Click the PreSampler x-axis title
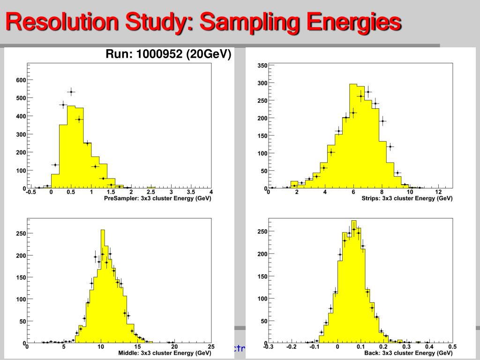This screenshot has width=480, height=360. pyautogui.click(x=157, y=198)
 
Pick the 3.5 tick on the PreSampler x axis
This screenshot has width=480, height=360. pyautogui.click(x=191, y=192)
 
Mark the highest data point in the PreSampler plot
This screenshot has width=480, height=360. pyautogui.click(x=71, y=92)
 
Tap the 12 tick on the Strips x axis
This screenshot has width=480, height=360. pyautogui.click(x=438, y=192)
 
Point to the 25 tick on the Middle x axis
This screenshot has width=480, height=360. pyautogui.click(x=211, y=347)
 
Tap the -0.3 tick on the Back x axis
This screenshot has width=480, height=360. pyautogui.click(x=268, y=347)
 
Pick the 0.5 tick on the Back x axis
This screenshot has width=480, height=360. pyautogui.click(x=452, y=347)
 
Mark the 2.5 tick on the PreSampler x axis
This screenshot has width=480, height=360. pyautogui.click(x=151, y=192)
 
